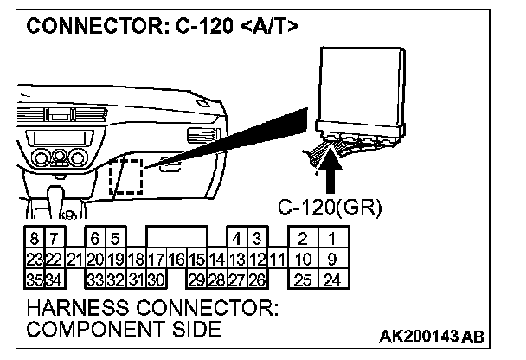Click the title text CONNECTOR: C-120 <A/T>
click(164, 27)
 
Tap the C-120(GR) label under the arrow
click(329, 209)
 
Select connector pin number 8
click(34, 237)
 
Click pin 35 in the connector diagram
click(34, 279)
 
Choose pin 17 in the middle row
click(156, 258)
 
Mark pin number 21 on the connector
click(74, 258)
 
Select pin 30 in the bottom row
click(156, 279)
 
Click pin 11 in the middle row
click(277, 258)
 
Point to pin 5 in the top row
click(114, 237)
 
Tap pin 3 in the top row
click(256, 237)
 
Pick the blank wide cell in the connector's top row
click(176, 237)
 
